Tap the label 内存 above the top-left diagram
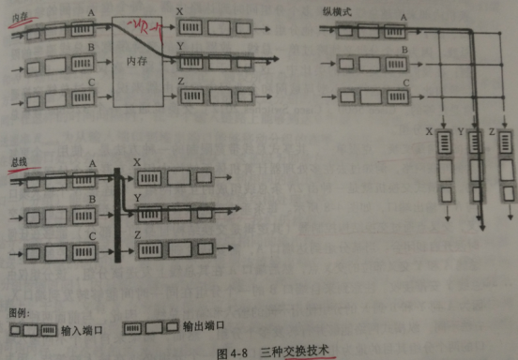click(x=16, y=16)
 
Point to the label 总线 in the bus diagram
click(x=17, y=160)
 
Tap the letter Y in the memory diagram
click(x=180, y=44)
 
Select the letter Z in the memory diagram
click(x=180, y=82)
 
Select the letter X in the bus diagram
click(x=137, y=162)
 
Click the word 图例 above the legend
click(x=18, y=311)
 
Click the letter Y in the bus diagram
click(x=137, y=198)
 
